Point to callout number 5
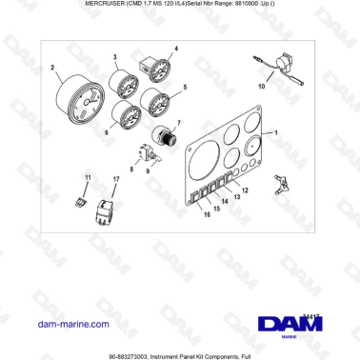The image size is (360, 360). coord(184,88)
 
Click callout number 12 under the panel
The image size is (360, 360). coord(244,190)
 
